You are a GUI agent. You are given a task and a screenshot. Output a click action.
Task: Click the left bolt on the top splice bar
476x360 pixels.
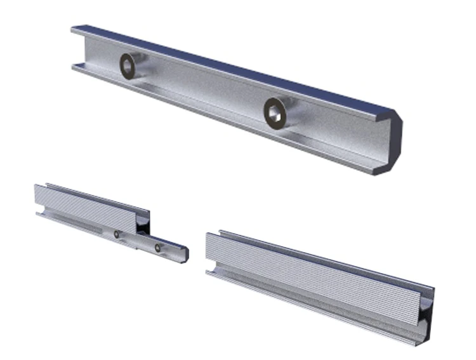[129, 66]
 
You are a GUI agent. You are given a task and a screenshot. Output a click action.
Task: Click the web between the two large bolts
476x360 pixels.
[203, 89]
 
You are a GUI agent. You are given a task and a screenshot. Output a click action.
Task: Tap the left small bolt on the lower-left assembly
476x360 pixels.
[117, 234]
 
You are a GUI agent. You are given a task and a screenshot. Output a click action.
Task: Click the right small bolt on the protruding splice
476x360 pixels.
[157, 246]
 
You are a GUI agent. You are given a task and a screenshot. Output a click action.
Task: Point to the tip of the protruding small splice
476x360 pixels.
[185, 253]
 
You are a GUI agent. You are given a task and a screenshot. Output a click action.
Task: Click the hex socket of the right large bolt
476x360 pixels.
[275, 112]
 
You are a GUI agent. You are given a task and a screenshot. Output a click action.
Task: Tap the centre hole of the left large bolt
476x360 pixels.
[129, 66]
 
